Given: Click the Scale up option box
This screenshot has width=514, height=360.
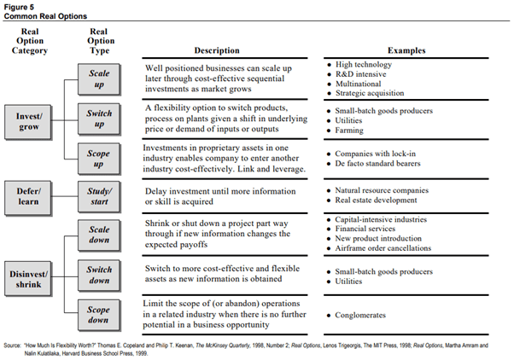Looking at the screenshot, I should point(99,79).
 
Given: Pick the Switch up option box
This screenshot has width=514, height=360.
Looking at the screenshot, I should point(99,118).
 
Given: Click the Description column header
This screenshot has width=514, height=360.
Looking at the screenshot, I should point(215,50).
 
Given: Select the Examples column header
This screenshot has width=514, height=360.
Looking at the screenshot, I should point(407,50).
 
